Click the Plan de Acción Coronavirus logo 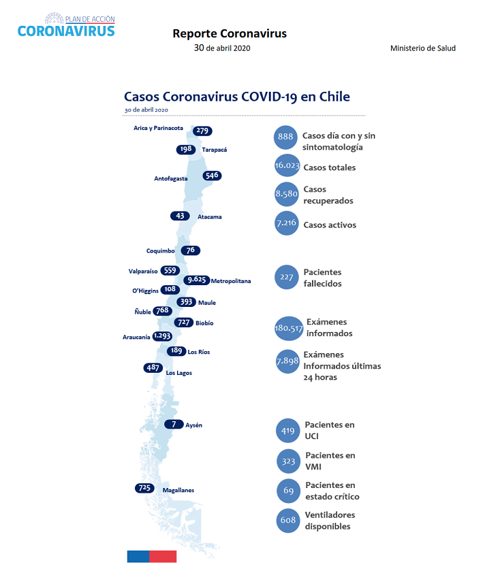66,25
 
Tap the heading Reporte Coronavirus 230,33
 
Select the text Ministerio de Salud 423,48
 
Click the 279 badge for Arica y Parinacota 202,131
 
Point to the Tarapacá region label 215,150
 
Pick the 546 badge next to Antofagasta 212,176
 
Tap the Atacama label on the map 210,216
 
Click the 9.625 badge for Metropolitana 197,280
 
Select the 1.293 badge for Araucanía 162,336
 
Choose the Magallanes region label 178,490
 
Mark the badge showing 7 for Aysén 174,424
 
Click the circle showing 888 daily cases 285,137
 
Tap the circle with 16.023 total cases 287,165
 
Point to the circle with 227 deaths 287,277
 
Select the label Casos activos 330,225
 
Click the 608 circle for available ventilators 288,521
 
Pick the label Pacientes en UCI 329,430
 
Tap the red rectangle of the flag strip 163,557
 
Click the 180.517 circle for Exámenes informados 288,328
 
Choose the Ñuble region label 142,312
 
